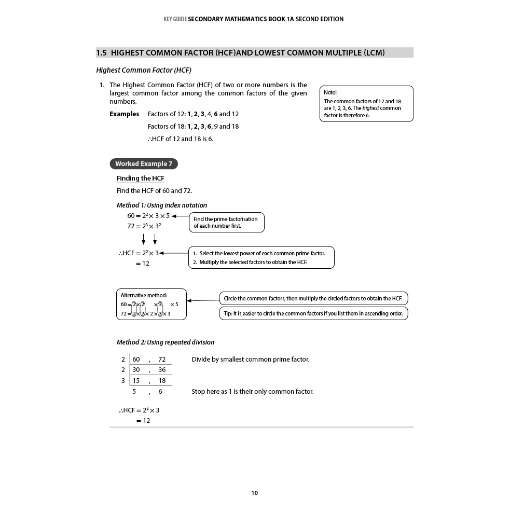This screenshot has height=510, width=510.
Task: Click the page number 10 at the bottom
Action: (254, 493)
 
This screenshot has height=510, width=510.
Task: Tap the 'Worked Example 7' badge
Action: (144, 164)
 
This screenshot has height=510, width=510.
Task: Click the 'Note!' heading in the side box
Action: (330, 92)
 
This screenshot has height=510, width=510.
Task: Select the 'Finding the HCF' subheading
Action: (140, 178)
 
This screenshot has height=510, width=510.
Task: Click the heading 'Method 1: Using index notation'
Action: (161, 205)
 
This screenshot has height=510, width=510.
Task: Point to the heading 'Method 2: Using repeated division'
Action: (165, 342)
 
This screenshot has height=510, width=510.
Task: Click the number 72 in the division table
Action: (162, 360)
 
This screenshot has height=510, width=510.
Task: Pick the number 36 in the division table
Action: (162, 370)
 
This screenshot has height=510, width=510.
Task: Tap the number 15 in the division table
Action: (136, 381)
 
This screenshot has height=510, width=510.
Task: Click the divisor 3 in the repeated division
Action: (123, 381)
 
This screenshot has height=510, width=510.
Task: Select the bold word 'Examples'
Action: (124, 114)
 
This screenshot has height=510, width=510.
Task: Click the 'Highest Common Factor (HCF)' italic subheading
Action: (144, 70)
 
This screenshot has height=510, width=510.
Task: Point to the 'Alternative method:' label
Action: (144, 295)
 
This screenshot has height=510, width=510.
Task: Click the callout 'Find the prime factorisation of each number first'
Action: (226, 223)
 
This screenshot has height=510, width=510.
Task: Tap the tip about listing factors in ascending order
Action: (313, 313)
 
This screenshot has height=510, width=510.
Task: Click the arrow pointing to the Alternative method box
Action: (202, 300)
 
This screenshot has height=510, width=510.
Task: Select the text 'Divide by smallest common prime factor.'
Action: (250, 360)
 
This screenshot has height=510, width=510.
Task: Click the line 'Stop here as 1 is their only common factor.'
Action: (252, 392)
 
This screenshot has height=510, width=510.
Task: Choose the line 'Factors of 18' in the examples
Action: (193, 127)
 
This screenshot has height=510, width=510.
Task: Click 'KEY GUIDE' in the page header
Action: (175, 19)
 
